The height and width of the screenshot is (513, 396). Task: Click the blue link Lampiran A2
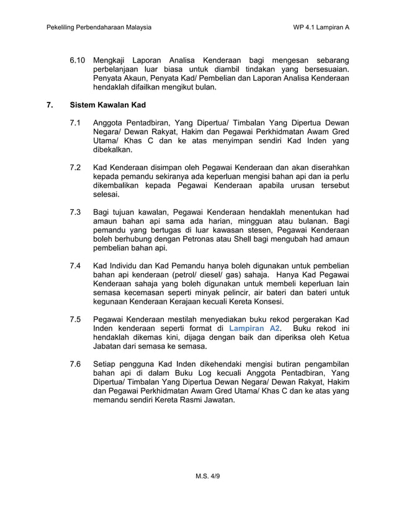click(x=254, y=327)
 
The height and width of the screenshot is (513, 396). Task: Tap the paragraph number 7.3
click(x=76, y=213)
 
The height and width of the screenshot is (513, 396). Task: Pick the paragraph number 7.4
click(x=76, y=265)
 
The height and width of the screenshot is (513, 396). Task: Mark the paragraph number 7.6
click(x=76, y=364)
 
